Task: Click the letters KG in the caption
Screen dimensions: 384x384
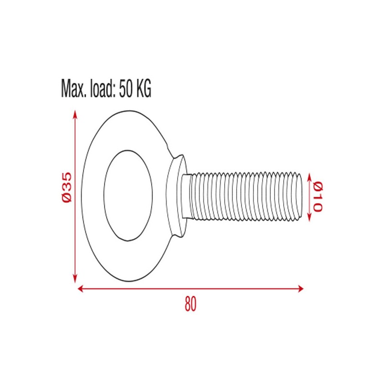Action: tap(144, 89)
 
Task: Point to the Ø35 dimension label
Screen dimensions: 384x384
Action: tap(67, 187)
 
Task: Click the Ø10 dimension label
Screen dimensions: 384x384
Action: tap(317, 197)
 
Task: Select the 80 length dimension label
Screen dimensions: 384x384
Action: tap(191, 304)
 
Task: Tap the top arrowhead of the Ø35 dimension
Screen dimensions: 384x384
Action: tap(75, 113)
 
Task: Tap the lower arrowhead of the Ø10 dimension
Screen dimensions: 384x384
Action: tap(308, 218)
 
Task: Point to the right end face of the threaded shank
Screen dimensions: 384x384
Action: tap(301, 196)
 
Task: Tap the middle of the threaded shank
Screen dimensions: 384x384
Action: tap(245, 196)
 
